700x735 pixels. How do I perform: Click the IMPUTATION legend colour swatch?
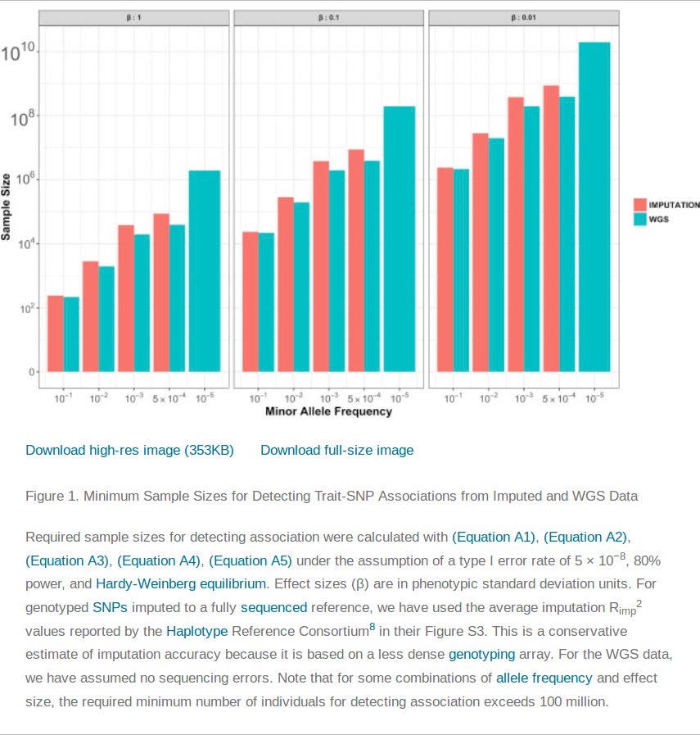pos(640,205)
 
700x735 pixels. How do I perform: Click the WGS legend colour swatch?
pos(640,219)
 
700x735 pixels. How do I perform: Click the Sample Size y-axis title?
pos(7,206)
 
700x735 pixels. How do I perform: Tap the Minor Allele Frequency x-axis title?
pos(328,411)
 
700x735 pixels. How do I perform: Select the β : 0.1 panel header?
pos(328,16)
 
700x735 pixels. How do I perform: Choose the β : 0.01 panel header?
pos(523,16)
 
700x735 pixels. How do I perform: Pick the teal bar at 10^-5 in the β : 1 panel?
pos(205,270)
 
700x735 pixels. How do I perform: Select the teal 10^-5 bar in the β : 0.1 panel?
pos(400,238)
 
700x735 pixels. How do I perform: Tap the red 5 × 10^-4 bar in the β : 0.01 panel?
pos(551,229)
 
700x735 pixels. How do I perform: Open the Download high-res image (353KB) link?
pos(129,450)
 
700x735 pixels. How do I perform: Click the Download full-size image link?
pos(336,450)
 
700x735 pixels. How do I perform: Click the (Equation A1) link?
pos(494,538)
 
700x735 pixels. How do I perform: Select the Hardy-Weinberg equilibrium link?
pos(181,584)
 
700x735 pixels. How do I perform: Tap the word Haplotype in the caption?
pos(197,631)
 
